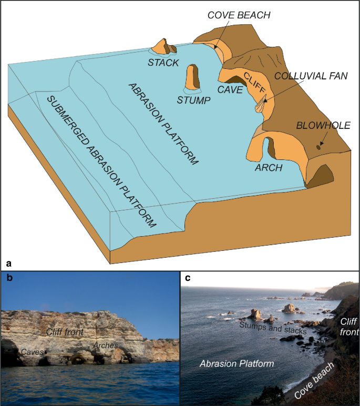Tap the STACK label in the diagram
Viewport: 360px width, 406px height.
pos(163,63)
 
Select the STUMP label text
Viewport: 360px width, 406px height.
pos(193,99)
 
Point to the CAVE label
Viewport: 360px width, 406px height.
pos(230,90)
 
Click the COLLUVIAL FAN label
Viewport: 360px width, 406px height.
pos(311,76)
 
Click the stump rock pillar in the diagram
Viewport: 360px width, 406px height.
pos(193,78)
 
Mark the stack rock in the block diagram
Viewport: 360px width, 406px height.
pos(163,47)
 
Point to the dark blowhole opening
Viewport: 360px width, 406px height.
pos(318,147)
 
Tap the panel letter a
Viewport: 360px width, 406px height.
pos(8,261)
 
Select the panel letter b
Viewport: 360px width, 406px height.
pos(8,279)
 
